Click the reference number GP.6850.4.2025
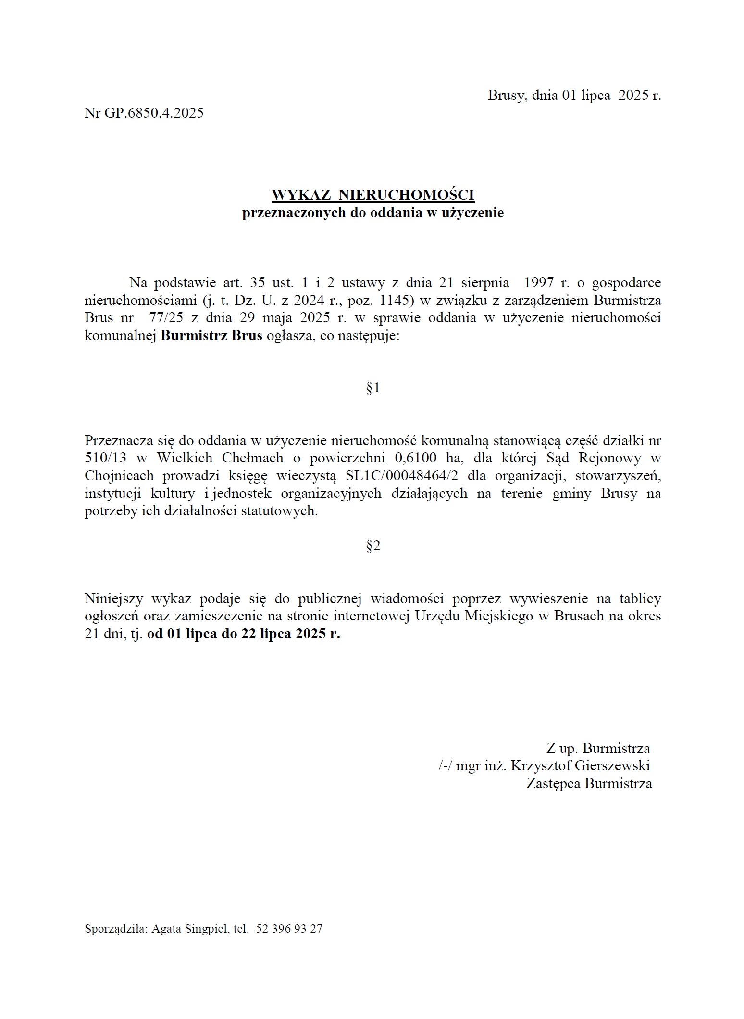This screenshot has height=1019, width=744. (154, 113)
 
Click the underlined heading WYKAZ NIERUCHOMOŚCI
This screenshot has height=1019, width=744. (373, 195)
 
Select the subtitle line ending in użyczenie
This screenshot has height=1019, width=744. (373, 212)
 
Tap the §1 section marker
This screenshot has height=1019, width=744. (373, 388)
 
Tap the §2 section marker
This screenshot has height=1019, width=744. (373, 546)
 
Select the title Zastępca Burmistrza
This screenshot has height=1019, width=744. (589, 783)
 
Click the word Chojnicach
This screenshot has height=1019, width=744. (119, 475)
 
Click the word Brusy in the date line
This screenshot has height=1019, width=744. (507, 95)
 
